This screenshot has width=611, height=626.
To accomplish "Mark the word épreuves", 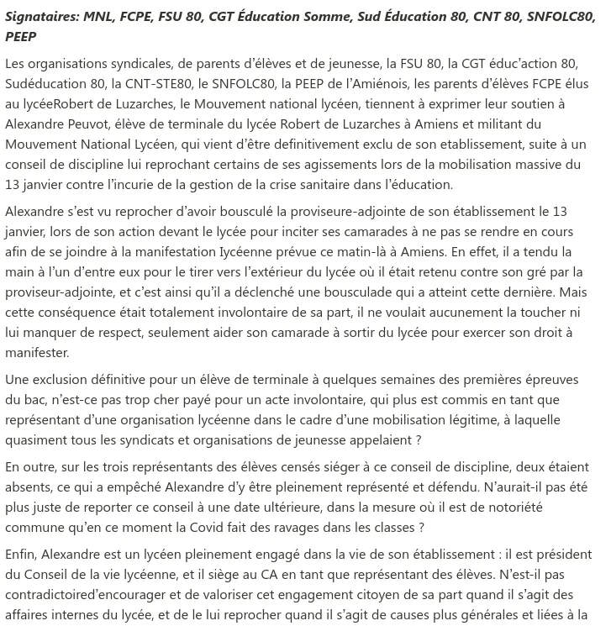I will tap(543, 380).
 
